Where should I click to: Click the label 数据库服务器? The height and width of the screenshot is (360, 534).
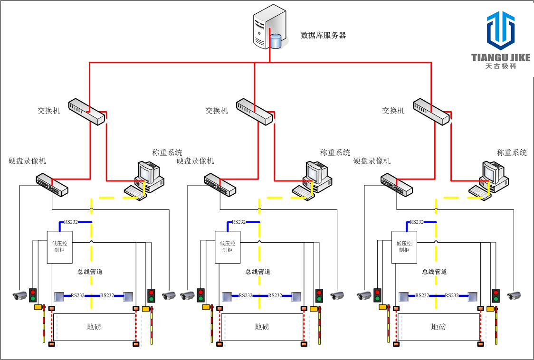(x=323, y=35)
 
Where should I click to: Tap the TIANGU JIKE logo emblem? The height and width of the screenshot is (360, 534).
(x=500, y=31)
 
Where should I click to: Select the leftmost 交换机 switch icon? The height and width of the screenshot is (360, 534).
(x=86, y=112)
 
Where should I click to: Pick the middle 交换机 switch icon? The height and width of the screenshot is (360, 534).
(x=254, y=112)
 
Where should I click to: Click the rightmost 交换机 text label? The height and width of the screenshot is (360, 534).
(x=393, y=111)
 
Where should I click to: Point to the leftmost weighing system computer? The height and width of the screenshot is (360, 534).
(x=145, y=180)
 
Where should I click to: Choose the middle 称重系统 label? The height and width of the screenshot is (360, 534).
(x=335, y=152)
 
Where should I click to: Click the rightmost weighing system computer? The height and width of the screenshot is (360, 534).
(x=489, y=180)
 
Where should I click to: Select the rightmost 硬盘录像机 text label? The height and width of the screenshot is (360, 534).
(x=372, y=161)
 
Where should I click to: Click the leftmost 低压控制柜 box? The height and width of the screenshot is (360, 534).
(x=59, y=247)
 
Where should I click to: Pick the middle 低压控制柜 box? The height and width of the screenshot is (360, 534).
(x=227, y=247)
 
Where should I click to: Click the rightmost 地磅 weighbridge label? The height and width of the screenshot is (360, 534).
(x=439, y=327)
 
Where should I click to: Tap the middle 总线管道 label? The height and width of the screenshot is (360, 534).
(x=258, y=272)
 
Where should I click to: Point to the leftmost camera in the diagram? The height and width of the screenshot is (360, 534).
(x=20, y=295)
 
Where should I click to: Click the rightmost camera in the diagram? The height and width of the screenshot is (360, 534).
(x=514, y=295)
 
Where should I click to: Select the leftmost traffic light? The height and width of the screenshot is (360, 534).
(x=33, y=295)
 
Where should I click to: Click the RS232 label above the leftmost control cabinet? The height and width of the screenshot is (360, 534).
(x=71, y=222)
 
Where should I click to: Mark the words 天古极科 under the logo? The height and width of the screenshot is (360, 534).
(x=500, y=66)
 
